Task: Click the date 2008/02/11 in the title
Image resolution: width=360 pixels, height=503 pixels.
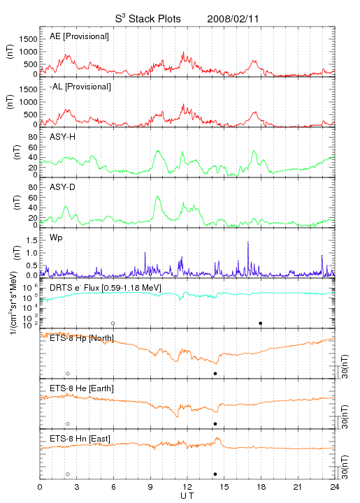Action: coord(233,19)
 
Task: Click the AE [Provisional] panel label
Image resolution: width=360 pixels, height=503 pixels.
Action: coord(79,36)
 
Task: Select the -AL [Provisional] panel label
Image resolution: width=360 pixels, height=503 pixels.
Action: coord(80,87)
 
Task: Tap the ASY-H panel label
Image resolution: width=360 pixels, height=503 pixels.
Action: coord(62,137)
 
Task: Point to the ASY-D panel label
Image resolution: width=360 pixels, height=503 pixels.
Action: coord(62,187)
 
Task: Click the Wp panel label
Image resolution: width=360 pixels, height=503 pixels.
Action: coord(56,238)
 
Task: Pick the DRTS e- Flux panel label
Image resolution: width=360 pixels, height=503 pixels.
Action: coord(106,288)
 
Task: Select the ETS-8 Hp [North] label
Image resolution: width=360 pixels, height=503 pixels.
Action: coord(82,338)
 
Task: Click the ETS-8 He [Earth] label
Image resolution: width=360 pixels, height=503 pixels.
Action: coord(82,388)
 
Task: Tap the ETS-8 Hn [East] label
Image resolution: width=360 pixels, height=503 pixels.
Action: coord(80,439)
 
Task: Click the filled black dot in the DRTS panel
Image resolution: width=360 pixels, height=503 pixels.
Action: coord(261,323)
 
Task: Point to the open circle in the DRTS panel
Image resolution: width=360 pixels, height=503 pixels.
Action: coord(113,323)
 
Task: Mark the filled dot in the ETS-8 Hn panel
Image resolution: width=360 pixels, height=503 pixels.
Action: coord(215,474)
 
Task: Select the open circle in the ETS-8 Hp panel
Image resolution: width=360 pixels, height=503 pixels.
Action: coord(68,373)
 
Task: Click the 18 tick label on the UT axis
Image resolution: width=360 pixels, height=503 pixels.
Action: coord(261,487)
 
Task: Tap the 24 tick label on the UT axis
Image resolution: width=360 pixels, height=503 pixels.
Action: coord(335,487)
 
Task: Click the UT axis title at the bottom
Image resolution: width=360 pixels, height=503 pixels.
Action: coord(187,496)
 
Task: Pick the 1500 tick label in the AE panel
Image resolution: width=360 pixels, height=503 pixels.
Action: coord(28,39)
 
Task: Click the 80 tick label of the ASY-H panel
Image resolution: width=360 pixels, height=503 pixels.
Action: coord(33,138)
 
